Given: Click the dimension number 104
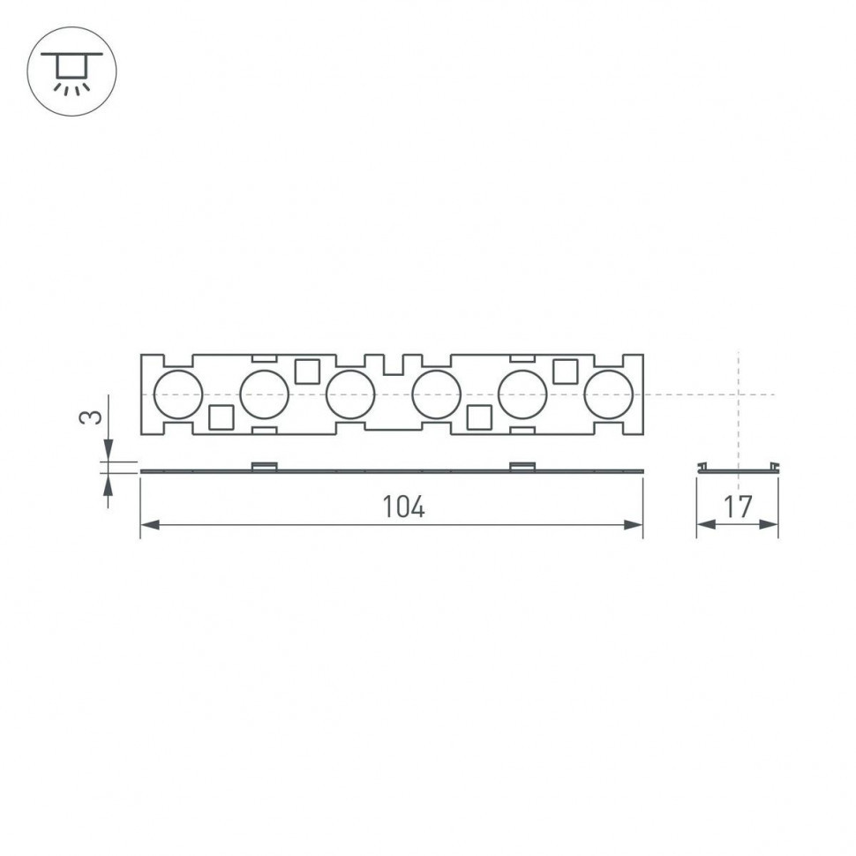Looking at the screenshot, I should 403,507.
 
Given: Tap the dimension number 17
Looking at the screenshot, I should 738,507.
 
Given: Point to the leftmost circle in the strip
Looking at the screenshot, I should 178,394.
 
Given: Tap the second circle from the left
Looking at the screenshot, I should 265,394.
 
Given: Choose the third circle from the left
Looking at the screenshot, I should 351,394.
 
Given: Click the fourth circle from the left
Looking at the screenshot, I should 437,394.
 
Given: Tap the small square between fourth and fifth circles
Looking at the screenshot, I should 479,417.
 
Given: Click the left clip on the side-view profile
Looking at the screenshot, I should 265,466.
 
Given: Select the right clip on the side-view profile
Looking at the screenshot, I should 522,466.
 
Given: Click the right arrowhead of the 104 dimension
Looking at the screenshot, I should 634,525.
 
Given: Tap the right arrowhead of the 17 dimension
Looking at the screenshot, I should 770,525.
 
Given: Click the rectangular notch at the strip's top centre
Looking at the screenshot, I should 394,363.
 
